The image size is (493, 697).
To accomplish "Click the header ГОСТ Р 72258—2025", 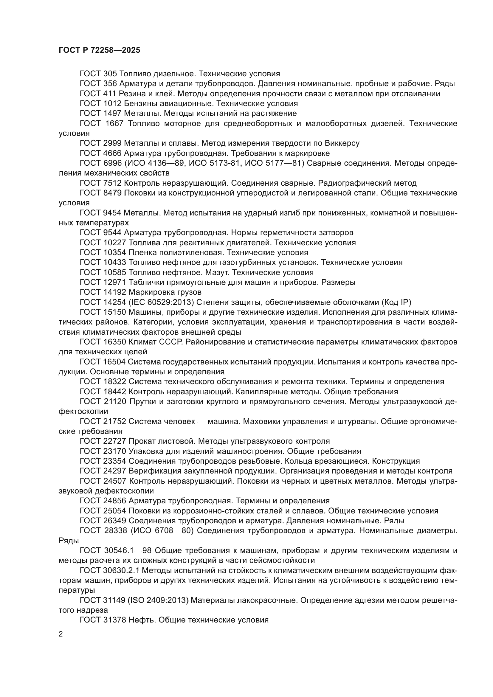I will pyautogui.click(x=99, y=50).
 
